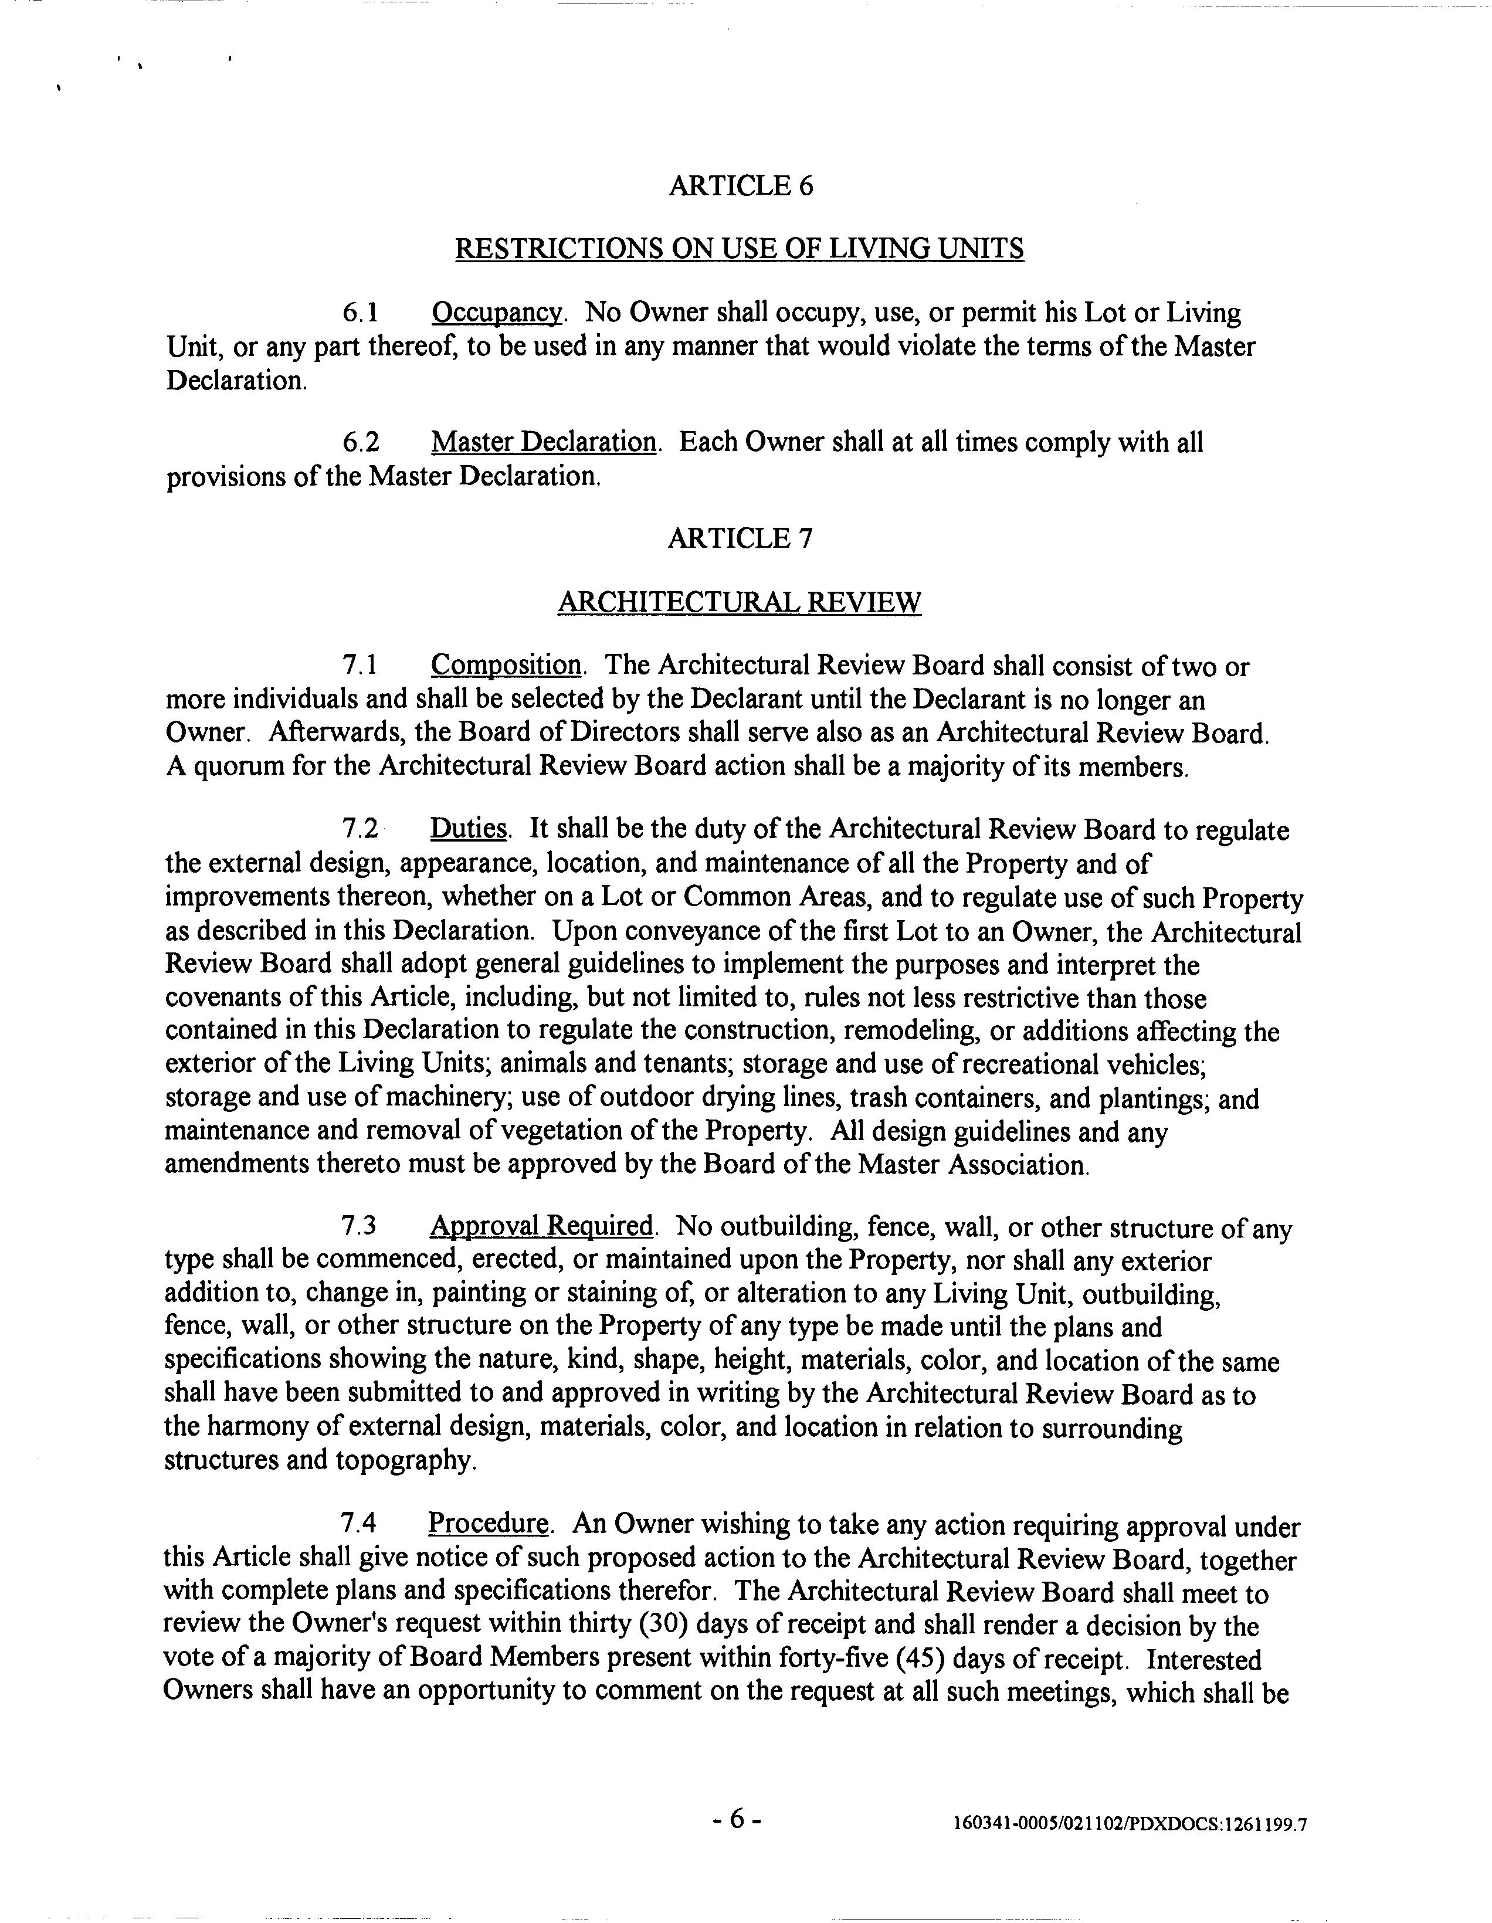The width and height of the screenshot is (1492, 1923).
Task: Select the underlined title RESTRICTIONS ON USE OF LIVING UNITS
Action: click(x=739, y=249)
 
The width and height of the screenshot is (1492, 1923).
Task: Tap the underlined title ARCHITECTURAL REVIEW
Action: click(x=740, y=602)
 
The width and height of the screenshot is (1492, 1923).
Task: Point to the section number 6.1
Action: click(x=360, y=313)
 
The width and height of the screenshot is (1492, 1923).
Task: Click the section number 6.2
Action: click(x=360, y=442)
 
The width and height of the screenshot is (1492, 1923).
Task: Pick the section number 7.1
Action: click(x=360, y=667)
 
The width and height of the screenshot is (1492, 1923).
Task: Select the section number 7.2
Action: click(x=360, y=829)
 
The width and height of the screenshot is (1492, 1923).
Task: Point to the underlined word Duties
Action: click(x=469, y=829)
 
